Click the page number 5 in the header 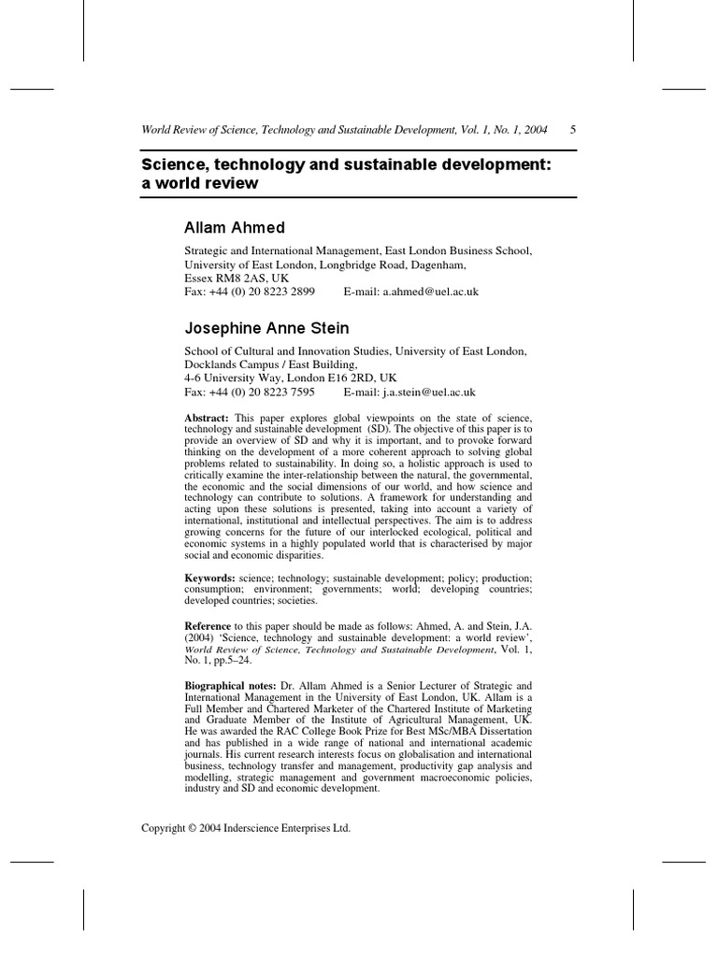click(x=572, y=130)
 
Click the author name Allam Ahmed click(x=235, y=228)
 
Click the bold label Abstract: click(x=207, y=417)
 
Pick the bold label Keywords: click(x=209, y=579)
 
